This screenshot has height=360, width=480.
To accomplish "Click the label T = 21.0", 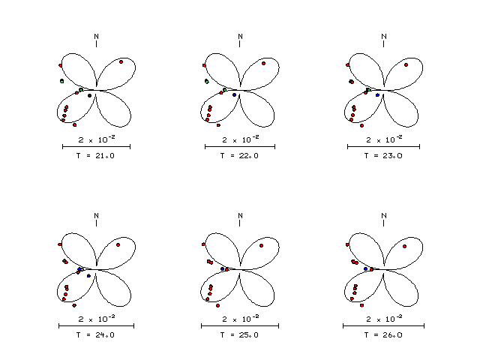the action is click(x=95, y=156).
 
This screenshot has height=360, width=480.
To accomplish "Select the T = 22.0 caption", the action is click(x=239, y=156).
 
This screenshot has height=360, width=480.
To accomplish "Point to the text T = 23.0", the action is click(x=383, y=156).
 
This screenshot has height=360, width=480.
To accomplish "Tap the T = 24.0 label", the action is click(x=95, y=335).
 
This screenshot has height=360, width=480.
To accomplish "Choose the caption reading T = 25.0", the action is click(x=239, y=335).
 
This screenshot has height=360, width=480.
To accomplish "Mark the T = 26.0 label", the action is click(x=383, y=335).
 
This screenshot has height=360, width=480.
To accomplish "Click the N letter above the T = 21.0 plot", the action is click(x=97, y=37).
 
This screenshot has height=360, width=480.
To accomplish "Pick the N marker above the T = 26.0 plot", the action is click(x=384, y=216).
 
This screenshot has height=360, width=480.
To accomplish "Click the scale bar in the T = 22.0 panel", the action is click(x=240, y=147).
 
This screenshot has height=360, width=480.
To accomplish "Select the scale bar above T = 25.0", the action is click(x=240, y=326).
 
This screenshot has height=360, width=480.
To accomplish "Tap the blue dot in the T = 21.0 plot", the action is click(x=90, y=96).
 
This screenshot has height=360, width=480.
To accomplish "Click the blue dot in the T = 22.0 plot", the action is click(x=235, y=95).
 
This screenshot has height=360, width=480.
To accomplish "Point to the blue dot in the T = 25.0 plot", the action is click(x=223, y=269).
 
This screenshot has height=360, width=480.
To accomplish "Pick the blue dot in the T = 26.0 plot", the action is click(x=365, y=268).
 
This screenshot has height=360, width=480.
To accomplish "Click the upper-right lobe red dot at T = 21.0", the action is click(x=121, y=62).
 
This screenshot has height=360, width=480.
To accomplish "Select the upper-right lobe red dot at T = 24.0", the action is click(x=118, y=245).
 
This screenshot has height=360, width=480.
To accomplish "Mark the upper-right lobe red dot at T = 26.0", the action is click(x=405, y=247).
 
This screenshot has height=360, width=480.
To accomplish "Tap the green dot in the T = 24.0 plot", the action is click(x=82, y=270).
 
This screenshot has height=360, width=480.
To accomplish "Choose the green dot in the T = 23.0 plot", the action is click(x=370, y=90).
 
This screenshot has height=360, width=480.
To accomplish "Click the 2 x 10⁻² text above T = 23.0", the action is click(x=384, y=139).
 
